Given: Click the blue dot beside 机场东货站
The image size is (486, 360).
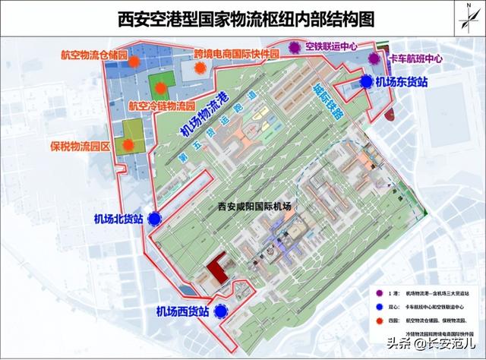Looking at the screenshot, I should (366, 81).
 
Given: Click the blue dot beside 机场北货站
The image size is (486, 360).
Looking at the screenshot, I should (155, 219).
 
